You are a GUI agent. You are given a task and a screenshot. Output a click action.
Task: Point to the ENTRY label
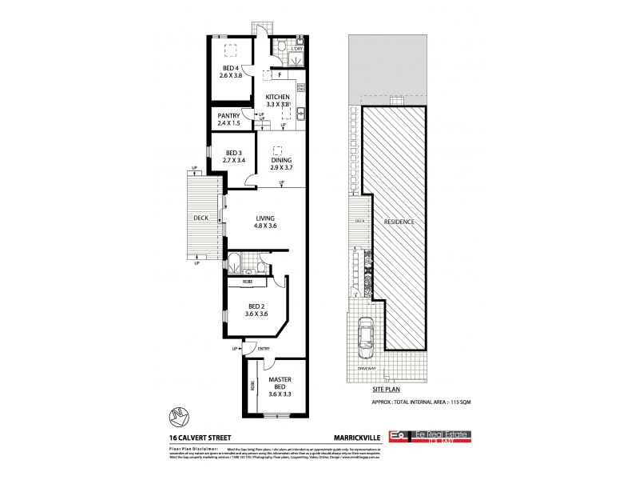point(264,349)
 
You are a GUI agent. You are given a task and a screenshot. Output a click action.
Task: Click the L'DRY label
point(296,50)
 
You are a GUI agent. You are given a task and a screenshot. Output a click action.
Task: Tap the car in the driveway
point(368,337)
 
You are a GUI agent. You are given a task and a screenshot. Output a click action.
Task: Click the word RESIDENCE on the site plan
point(400,220)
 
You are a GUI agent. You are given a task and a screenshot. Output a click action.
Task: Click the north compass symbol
point(183,417)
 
